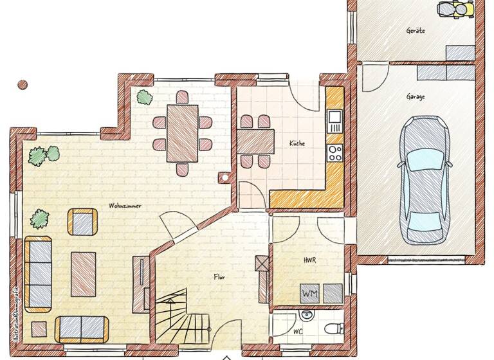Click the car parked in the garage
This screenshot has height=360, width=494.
click(x=425, y=179)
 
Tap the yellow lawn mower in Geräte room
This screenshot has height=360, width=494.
click(x=455, y=8)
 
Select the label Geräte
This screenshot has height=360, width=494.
click(x=416, y=30)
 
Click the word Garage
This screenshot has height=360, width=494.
click(x=415, y=96)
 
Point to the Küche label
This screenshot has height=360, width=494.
click(x=297, y=143)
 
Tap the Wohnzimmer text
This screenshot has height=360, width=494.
click(x=125, y=206)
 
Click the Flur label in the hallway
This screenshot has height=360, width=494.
click(x=220, y=276)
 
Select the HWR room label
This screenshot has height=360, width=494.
click(x=311, y=262)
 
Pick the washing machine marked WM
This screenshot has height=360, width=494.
click(x=309, y=293)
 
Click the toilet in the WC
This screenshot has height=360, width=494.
click(x=333, y=329)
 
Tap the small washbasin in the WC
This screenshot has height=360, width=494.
click(x=307, y=314)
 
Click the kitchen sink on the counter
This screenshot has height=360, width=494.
click(x=334, y=118)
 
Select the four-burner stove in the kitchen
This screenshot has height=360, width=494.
click(x=334, y=152)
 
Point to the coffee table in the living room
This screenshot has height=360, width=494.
click(x=84, y=273)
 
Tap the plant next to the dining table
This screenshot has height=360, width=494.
click(x=143, y=97)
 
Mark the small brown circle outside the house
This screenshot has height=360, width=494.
click(x=23, y=84)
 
